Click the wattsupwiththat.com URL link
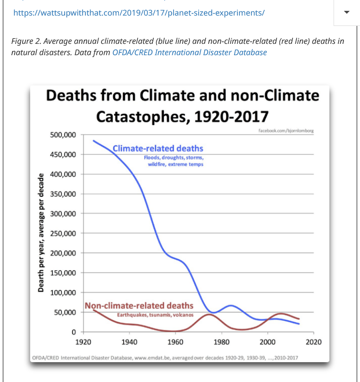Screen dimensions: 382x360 click(139, 13)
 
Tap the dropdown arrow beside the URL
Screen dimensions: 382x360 click(347, 12)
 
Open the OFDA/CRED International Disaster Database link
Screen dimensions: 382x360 click(189, 52)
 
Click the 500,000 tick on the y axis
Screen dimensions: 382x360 click(63, 135)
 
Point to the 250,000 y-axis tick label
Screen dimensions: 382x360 click(63, 233)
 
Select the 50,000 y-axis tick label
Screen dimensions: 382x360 click(65, 313)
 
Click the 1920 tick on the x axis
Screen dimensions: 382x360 click(83, 342)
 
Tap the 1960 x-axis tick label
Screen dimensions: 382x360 click(175, 342)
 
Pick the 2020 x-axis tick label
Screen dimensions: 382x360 click(313, 342)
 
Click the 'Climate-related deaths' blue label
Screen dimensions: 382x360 click(158, 149)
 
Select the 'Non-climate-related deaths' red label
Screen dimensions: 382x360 click(139, 306)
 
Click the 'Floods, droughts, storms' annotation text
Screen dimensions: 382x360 click(174, 158)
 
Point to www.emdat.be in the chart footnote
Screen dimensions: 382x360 click(152, 358)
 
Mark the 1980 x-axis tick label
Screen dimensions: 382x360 click(221, 342)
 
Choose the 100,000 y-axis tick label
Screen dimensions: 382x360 click(63, 293)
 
